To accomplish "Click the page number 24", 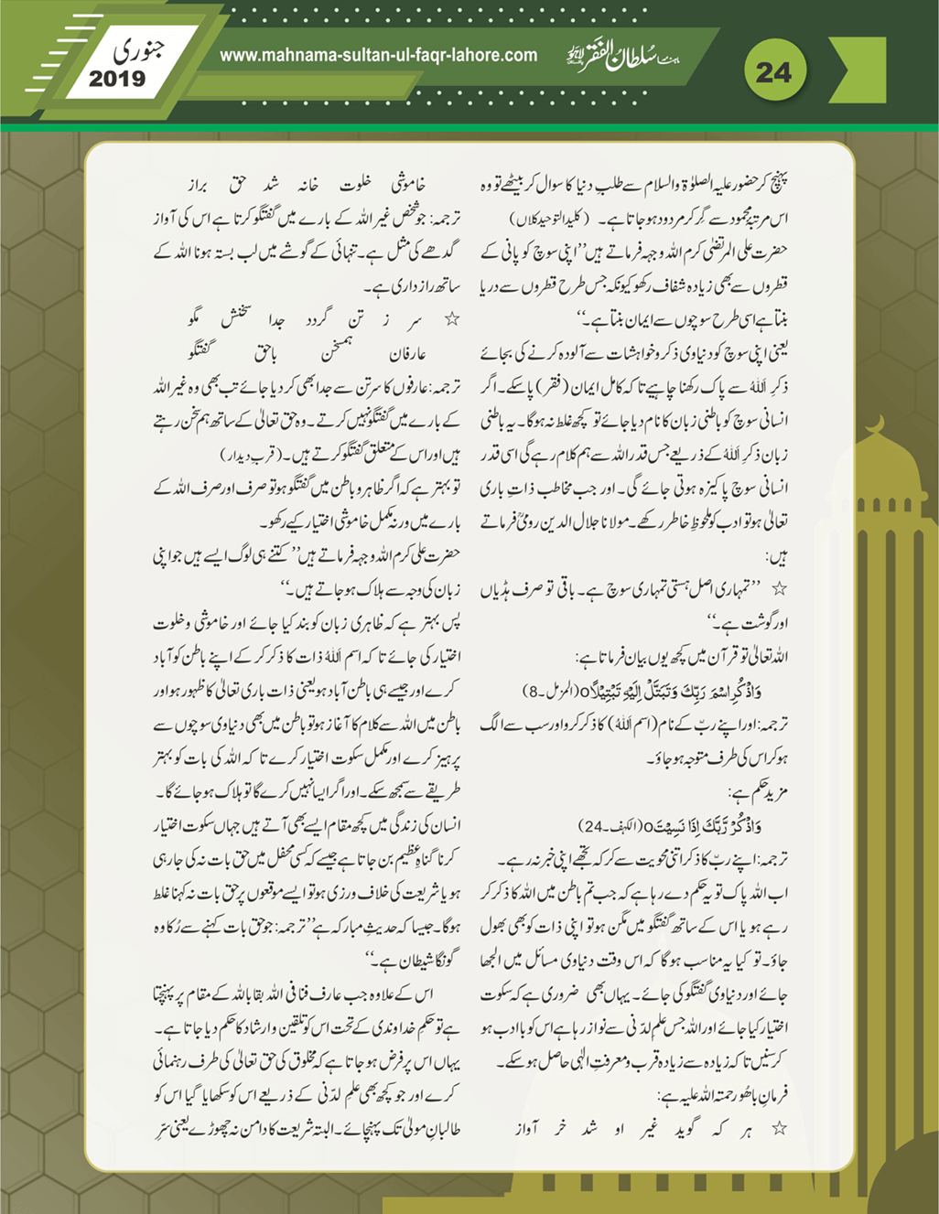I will pyautogui.click(x=773, y=71).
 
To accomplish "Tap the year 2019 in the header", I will pyautogui.click(x=117, y=79).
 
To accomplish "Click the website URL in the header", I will pyautogui.click(x=378, y=55).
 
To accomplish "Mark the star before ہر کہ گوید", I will pyautogui.click(x=780, y=1129).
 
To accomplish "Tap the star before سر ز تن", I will pyautogui.click(x=450, y=321).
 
